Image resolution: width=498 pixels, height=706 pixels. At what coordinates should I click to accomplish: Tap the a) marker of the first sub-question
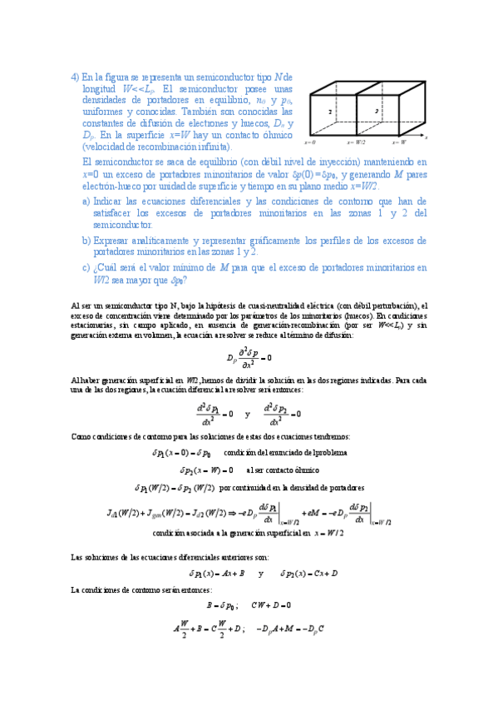[x=86, y=201]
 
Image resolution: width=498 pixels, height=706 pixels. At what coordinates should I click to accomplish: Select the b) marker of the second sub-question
[x=86, y=240]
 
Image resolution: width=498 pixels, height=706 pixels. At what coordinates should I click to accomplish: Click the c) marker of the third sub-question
[x=86, y=267]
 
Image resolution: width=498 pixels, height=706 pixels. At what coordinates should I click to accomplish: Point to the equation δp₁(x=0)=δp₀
[x=181, y=453]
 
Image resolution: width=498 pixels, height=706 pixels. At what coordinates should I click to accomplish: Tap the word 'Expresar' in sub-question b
[x=116, y=240]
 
